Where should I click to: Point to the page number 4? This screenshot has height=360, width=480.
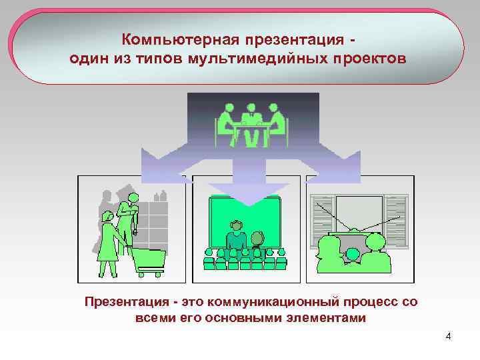coord(448,335)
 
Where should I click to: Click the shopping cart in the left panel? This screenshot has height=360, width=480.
coord(148,260)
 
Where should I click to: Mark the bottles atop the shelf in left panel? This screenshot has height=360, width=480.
coord(159,196)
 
